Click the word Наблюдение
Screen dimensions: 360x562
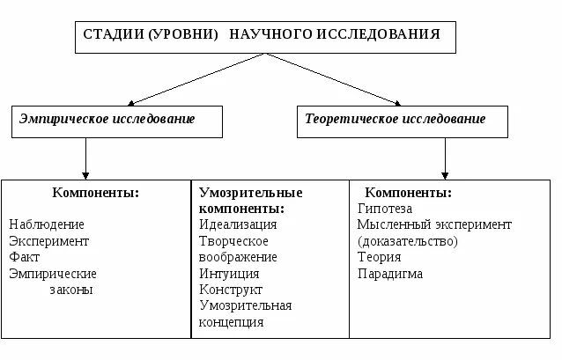pyautogui.click(x=47, y=224)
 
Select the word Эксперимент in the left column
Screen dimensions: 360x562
pyautogui.click(x=49, y=241)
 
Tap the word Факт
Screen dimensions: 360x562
pyautogui.click(x=25, y=257)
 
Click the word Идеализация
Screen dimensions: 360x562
pyautogui.click(x=238, y=224)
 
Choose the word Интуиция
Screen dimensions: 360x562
pyautogui.click(x=230, y=273)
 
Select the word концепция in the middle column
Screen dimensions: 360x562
pyautogui.click(x=232, y=322)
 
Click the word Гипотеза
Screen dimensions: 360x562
pyautogui.click(x=385, y=209)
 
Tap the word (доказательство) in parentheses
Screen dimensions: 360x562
pyautogui.click(x=408, y=241)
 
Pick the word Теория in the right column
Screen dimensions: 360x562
pyautogui.click(x=380, y=257)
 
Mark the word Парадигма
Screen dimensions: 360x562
pyautogui.click(x=390, y=274)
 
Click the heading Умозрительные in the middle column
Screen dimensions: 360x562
pyautogui.click(x=250, y=193)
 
